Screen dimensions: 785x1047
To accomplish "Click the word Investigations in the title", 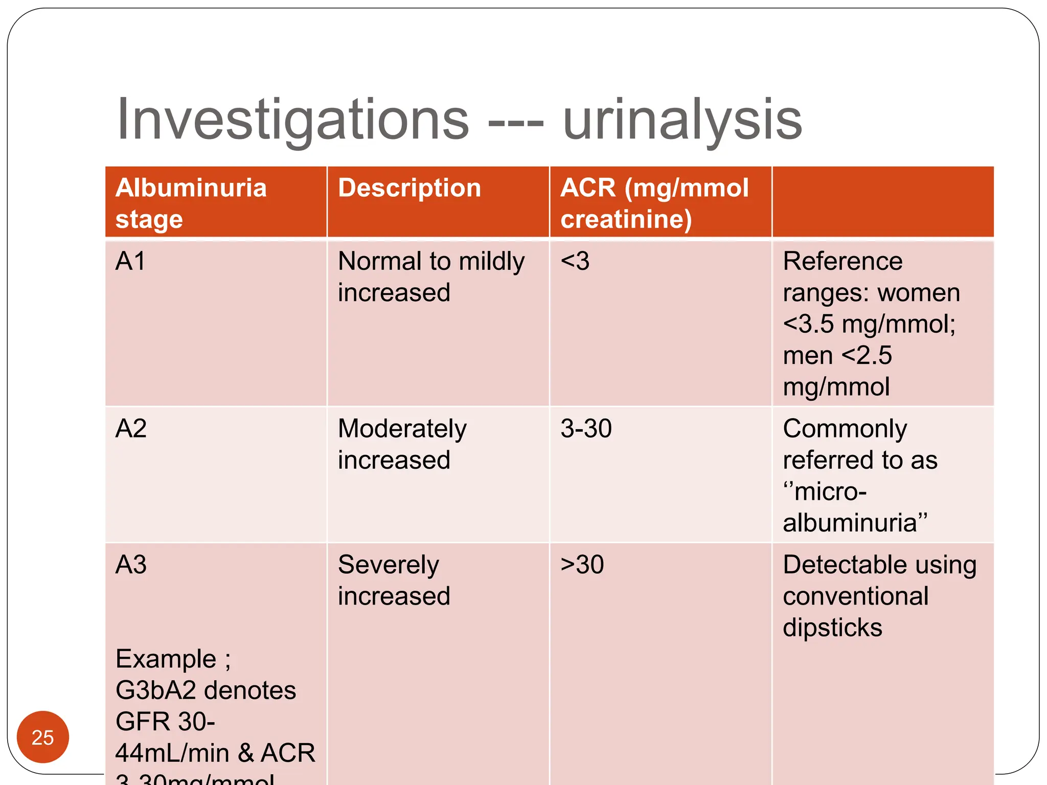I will click(x=292, y=120).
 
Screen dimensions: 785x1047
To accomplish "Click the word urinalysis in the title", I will click(x=682, y=120).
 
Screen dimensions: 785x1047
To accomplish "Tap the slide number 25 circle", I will click(x=42, y=737).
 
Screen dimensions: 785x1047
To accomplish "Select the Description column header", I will click(x=409, y=188).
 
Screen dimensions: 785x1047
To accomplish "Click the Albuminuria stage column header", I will click(x=191, y=203).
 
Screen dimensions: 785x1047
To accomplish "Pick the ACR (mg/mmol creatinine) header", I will click(x=654, y=203).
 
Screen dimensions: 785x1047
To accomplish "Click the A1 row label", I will click(x=130, y=261).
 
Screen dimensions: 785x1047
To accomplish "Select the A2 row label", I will click(x=131, y=428).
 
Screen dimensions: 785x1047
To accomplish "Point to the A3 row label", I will click(x=131, y=565).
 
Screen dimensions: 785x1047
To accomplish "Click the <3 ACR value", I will click(x=575, y=261).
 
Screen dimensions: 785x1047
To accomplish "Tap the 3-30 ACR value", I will click(x=586, y=428).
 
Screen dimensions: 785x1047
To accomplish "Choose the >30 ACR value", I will click(x=582, y=565).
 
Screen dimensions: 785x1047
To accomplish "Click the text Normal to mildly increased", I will click(x=431, y=276).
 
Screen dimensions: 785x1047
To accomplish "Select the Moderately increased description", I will click(x=402, y=444).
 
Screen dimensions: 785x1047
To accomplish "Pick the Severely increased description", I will click(x=394, y=580).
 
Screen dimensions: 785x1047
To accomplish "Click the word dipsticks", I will click(x=832, y=628).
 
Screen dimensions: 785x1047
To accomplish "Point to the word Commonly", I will click(x=845, y=428).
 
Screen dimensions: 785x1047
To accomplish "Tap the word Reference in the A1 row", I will click(x=843, y=261).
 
